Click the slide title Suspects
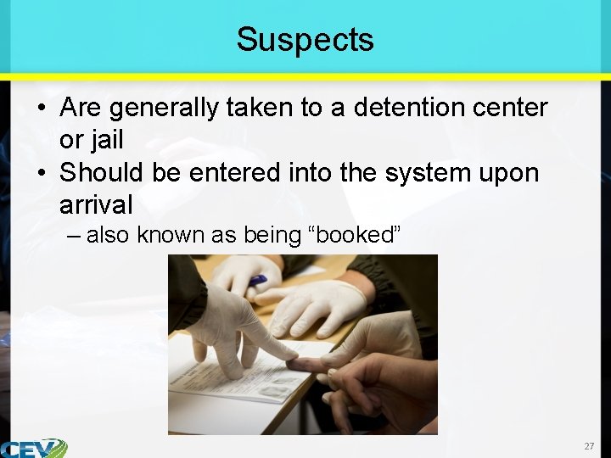305,39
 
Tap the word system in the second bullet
418,173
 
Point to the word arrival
96,204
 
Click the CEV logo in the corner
34,447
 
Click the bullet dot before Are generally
40,109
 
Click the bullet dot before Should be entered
40,174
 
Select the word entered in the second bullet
233,173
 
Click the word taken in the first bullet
254,109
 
